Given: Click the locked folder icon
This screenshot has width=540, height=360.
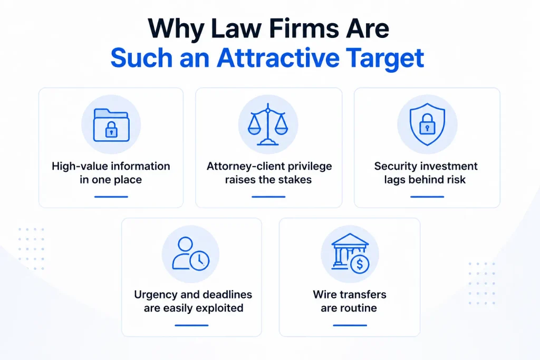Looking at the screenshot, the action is pos(111,125).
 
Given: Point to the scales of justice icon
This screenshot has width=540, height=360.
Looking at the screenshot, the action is pos(268,124).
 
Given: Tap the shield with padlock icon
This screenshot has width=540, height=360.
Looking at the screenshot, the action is pos(427,124).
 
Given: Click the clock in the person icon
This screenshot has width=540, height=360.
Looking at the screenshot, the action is pos(199,260).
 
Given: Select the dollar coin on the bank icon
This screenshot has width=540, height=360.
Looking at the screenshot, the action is pos(360,264).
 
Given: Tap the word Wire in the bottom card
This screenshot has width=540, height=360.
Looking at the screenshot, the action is pos(323,295).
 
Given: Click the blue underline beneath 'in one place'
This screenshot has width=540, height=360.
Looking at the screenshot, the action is pos(111,197).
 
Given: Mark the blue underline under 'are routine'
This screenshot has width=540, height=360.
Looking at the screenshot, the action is pos(350,325).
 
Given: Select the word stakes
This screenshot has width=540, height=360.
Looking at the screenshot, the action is pos(295,180).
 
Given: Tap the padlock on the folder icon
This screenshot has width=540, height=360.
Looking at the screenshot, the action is pos(111,130).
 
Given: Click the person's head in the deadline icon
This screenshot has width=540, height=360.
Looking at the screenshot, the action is pos(185,244).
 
